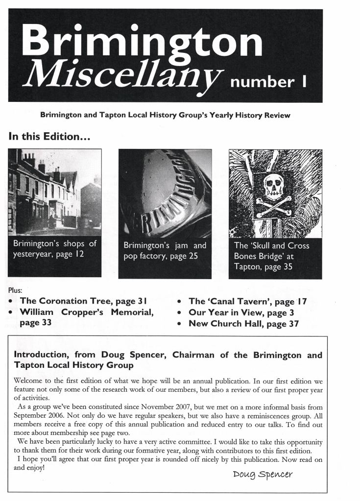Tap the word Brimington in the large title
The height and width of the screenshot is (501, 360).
142,41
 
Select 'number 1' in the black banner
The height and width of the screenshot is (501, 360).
271,81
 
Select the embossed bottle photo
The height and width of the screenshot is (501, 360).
165,193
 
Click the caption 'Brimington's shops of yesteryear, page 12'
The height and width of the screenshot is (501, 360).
55,249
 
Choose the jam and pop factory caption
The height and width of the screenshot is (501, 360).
165,250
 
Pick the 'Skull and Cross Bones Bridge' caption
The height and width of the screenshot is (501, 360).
272,256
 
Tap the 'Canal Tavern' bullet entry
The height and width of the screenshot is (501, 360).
247,302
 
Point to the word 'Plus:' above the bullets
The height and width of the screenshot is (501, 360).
16,290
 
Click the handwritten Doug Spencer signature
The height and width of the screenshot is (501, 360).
264,475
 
